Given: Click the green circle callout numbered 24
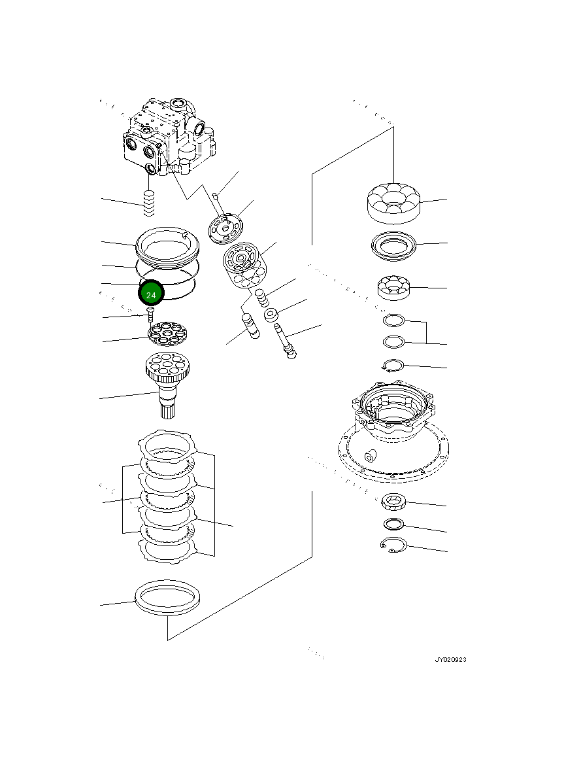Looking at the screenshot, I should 151,294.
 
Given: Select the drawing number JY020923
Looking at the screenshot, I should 450,660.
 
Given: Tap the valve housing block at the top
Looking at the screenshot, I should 169,137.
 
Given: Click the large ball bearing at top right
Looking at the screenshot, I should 393,201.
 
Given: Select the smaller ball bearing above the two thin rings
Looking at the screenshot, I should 393,288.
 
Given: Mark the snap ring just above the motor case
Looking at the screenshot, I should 393,366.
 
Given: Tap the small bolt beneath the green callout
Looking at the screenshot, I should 149,316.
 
